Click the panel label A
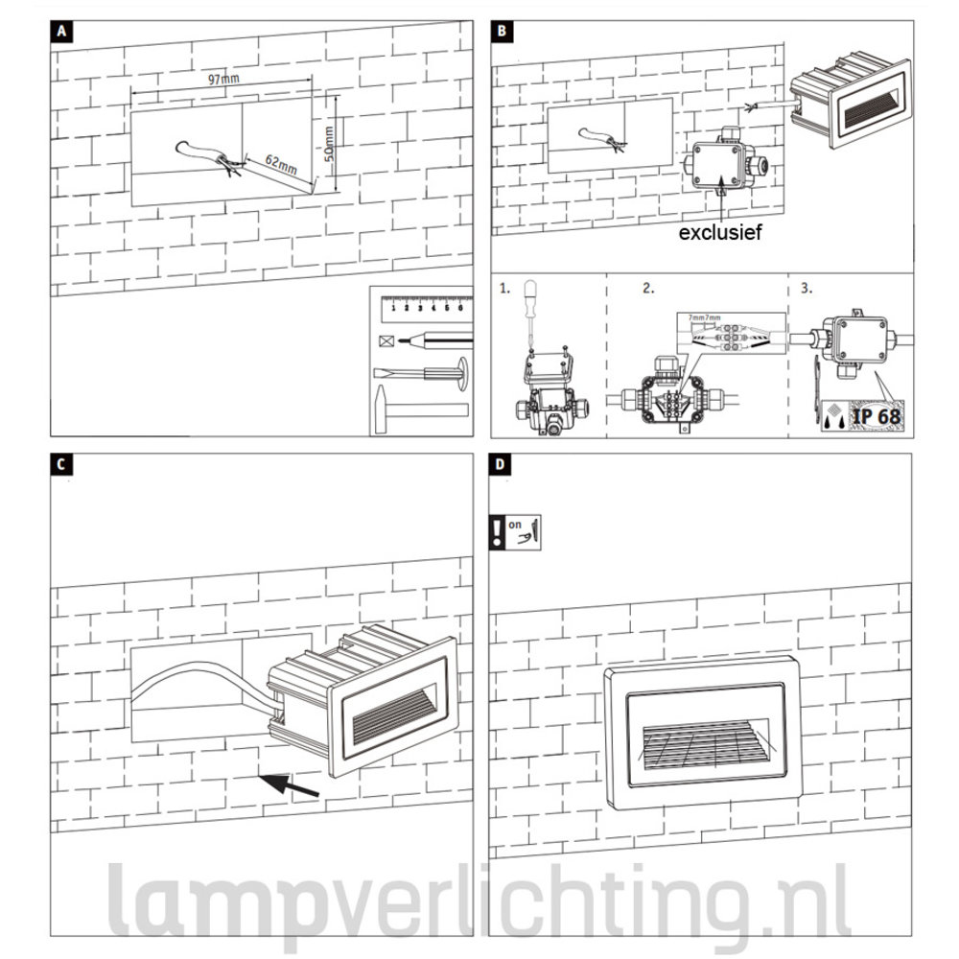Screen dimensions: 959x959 point(61,32)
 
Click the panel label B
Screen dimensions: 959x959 point(504,32)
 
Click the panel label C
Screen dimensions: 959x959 point(61,464)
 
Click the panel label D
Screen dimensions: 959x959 point(504,464)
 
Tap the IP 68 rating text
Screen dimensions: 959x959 point(874,416)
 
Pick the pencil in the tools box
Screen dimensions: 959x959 point(436,339)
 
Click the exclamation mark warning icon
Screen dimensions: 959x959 point(497,530)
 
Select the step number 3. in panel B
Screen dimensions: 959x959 point(805,288)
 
